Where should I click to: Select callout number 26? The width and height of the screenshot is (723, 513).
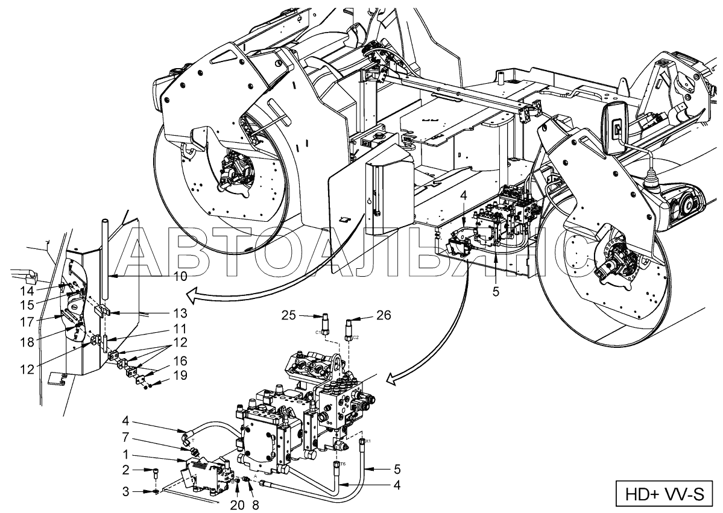(x=384, y=315)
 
